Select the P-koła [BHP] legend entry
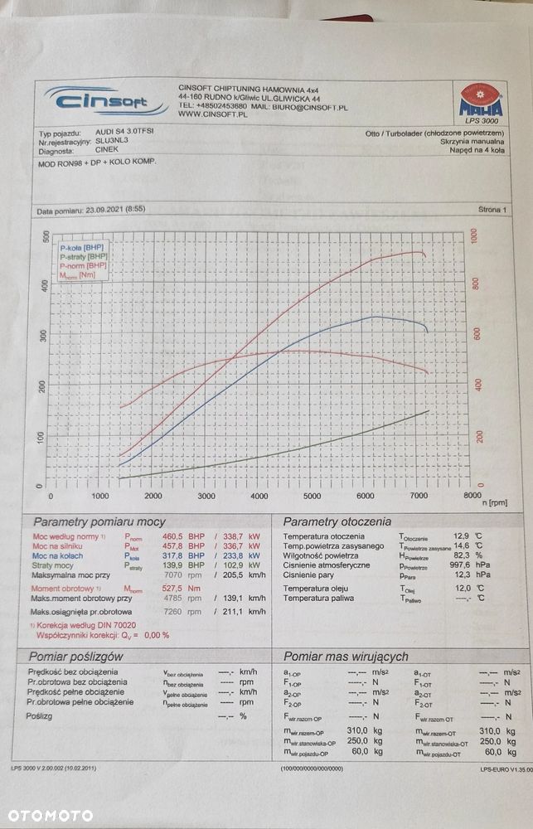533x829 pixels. click(x=81, y=247)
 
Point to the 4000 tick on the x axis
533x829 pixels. click(x=259, y=496)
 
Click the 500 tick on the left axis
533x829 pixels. click(x=46, y=237)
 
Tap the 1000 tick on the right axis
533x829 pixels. click(x=476, y=236)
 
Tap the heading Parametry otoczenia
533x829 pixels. click(x=337, y=521)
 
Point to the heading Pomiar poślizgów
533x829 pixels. click(x=76, y=657)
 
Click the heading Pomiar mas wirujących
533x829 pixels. click(x=346, y=657)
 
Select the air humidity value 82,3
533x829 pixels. click(x=482, y=556)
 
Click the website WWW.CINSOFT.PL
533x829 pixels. click(x=212, y=115)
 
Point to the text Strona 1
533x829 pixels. click(x=492, y=211)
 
